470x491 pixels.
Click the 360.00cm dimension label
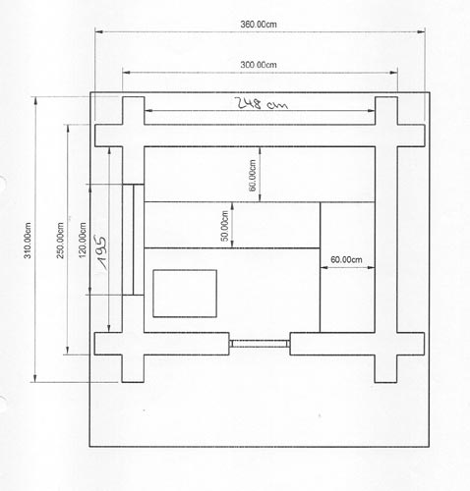tap(259, 25)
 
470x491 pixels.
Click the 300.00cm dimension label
tap(259, 65)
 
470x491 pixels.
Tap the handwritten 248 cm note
tap(263, 103)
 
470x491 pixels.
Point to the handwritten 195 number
tap(101, 252)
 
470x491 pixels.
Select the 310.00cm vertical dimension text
tap(28, 241)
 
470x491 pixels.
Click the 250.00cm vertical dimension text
tap(60, 241)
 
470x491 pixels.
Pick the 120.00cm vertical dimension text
tap(83, 241)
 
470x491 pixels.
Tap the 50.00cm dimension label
tap(225, 226)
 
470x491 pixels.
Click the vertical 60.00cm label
tap(253, 175)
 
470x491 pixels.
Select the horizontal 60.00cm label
tap(346, 259)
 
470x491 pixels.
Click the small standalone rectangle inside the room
tap(185, 294)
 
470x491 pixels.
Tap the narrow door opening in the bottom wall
tap(260, 344)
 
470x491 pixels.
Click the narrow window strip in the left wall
tap(133, 240)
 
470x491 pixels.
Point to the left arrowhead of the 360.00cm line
tap(98, 31)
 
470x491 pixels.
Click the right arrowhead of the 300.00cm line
tap(394, 73)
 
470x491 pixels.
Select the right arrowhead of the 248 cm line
tap(371, 111)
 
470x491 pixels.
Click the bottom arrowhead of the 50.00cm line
tap(232, 245)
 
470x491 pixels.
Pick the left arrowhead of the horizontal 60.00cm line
tap(323, 267)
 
